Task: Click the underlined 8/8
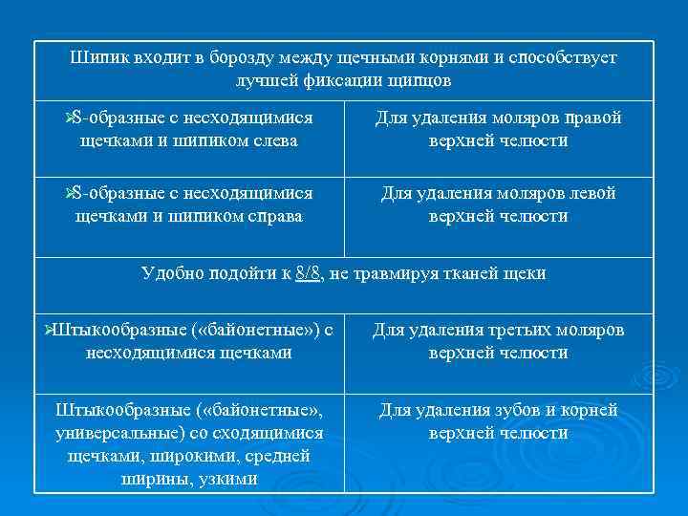click(x=309, y=274)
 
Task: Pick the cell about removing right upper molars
click(x=498, y=130)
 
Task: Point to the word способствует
click(x=563, y=58)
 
